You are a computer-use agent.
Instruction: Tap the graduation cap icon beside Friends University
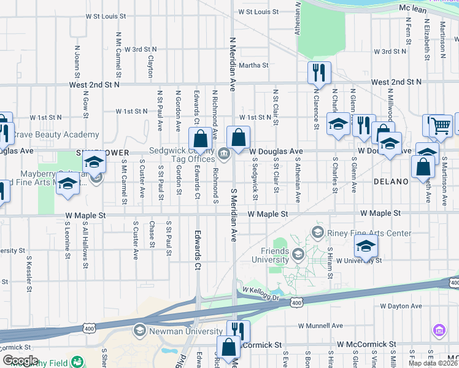(298, 254)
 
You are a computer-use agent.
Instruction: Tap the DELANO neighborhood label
(390, 182)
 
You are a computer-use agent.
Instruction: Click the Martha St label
(253, 65)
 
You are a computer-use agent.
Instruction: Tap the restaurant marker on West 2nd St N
(319, 72)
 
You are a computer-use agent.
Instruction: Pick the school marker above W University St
(366, 245)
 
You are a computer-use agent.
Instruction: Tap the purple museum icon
(438, 331)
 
